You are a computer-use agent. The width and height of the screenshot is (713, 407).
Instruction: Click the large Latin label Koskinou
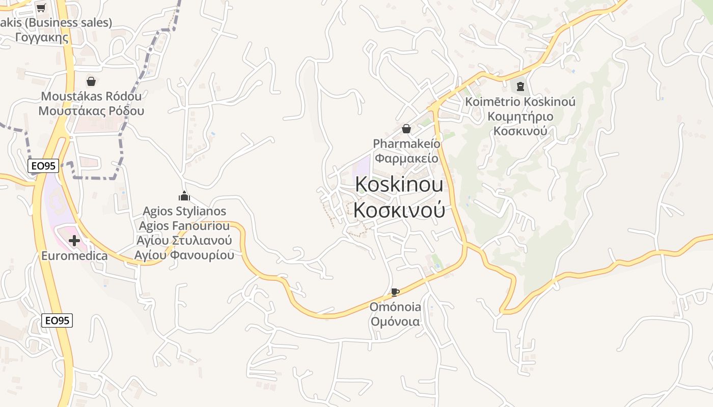(x=399, y=185)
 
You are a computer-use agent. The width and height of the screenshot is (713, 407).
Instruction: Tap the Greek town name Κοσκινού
(x=399, y=210)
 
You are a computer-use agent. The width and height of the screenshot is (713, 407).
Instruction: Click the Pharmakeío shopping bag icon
(x=406, y=129)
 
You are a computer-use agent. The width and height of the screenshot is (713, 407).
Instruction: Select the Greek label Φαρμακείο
(x=406, y=158)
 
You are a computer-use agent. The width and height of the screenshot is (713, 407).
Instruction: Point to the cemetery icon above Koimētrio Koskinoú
(x=520, y=86)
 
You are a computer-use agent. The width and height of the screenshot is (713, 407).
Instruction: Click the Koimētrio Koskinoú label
(x=520, y=102)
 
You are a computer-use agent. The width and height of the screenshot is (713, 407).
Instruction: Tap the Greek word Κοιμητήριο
(x=520, y=117)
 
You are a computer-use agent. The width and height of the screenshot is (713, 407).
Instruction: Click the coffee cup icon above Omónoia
(x=395, y=292)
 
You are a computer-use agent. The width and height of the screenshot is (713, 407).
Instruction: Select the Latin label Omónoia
(x=395, y=307)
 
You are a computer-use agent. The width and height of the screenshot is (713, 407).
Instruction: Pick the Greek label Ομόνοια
(x=395, y=322)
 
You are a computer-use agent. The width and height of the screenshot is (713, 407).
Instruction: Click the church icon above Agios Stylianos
(x=184, y=196)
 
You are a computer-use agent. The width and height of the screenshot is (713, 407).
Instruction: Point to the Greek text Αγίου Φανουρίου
(x=184, y=255)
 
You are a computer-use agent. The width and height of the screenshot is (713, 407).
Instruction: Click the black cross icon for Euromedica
(x=74, y=240)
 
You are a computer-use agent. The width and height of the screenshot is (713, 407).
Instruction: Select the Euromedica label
(x=74, y=256)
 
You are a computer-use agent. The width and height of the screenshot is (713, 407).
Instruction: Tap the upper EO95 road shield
(x=43, y=165)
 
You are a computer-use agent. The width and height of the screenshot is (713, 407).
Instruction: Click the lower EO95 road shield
(x=57, y=320)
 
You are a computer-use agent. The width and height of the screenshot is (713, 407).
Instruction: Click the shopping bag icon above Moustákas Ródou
(x=91, y=81)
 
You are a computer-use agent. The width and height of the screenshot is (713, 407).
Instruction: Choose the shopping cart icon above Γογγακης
(x=41, y=8)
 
